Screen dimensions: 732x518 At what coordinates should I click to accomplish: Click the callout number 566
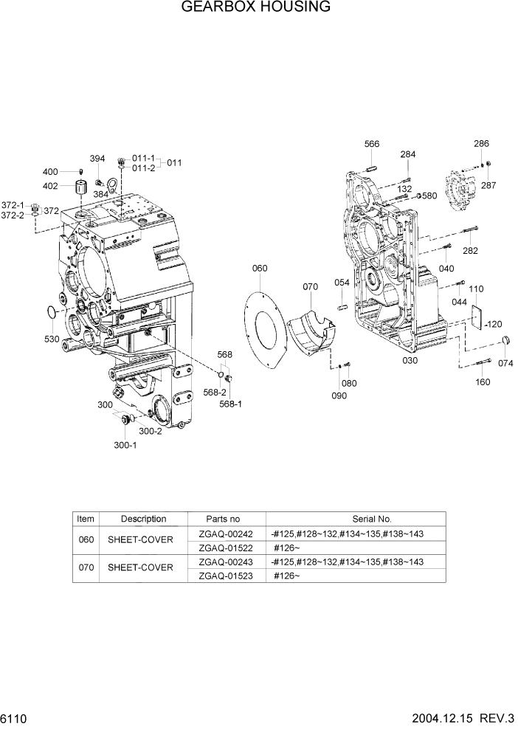(372, 144)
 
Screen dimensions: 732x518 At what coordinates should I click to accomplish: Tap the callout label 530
(52, 339)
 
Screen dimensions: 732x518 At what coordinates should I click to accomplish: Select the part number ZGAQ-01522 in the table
(226, 548)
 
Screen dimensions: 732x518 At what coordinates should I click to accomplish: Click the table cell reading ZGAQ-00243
(226, 562)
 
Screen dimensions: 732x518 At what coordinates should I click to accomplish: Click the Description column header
(144, 519)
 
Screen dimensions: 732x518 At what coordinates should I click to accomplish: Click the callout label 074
(505, 363)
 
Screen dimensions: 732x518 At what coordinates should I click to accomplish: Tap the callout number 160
(483, 382)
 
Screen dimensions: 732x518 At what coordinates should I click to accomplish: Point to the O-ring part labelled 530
(50, 313)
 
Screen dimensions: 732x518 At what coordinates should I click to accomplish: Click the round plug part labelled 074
(505, 340)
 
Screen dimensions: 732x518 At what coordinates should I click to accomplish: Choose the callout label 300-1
(125, 445)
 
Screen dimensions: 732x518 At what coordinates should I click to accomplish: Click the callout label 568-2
(216, 393)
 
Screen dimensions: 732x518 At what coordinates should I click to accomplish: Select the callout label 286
(481, 144)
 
